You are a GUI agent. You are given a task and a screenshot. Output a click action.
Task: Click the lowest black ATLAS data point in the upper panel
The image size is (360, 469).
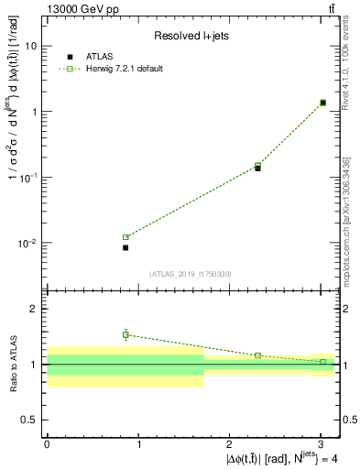125,247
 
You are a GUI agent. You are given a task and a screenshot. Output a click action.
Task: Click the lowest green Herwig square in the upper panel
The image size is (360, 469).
125,237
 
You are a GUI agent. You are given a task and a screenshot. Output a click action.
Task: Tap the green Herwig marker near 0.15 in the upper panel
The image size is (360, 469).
257,165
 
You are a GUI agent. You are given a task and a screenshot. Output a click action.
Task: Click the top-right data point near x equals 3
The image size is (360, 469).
322,103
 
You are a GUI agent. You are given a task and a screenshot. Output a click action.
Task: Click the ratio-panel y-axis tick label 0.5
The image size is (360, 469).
30,420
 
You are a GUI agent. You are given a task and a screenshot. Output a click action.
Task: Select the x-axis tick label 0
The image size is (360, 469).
47,442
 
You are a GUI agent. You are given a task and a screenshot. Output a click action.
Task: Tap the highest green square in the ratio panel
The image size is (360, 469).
125,334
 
